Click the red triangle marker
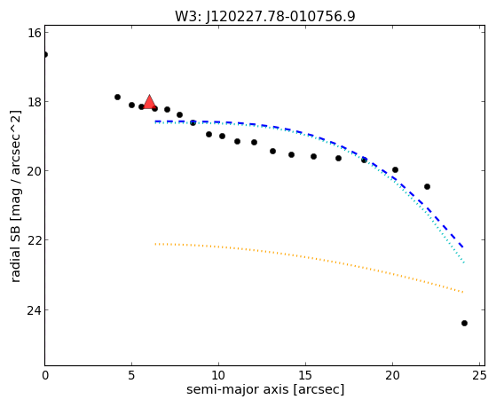[149, 102]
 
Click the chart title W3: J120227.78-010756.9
[265, 17]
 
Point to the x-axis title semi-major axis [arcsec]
[265, 389]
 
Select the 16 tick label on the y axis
[35, 33]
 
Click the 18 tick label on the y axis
[35, 102]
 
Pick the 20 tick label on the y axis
[35, 171]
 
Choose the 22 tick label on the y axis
[35, 240]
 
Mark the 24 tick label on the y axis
[35, 310]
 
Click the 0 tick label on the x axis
[45, 375]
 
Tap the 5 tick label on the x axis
[131, 375]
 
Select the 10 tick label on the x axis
[218, 375]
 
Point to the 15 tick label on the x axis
[305, 375]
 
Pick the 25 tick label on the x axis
[479, 375]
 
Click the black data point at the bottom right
[464, 323]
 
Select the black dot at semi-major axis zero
[45, 55]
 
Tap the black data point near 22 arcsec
[427, 186]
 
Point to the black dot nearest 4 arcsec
[117, 97]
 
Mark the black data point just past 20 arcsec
[395, 170]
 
